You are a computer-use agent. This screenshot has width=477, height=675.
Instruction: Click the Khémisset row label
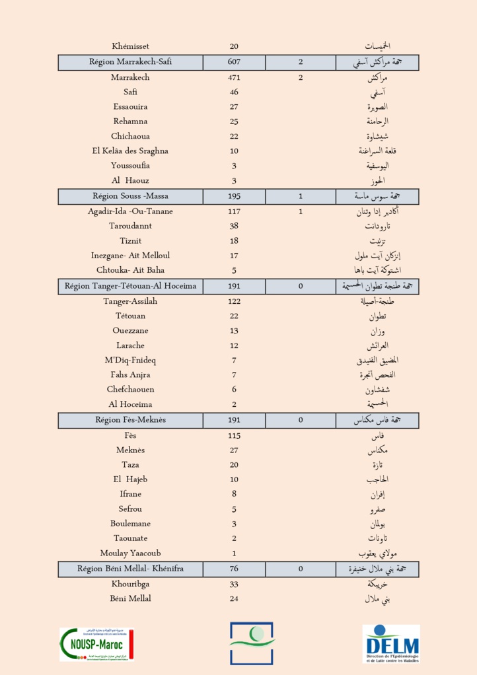coord(131,46)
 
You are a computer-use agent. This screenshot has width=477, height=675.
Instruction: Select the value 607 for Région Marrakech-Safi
coord(234,62)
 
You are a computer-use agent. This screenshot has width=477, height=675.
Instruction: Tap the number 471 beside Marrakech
coord(234,77)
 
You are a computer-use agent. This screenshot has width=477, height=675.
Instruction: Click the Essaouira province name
coord(131,106)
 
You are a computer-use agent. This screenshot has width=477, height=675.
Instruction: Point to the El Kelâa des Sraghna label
coord(131,151)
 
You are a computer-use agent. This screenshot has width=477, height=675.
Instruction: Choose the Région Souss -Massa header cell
coord(131,196)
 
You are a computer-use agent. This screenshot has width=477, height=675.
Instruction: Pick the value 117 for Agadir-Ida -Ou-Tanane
coord(234,211)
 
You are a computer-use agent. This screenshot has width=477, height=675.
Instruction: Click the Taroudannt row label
coord(131,226)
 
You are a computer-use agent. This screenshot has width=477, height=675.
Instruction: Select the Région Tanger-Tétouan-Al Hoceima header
coord(131,286)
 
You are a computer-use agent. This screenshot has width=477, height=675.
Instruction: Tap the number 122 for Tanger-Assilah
coord(234,301)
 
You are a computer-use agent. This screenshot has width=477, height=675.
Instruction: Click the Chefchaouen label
coord(131,390)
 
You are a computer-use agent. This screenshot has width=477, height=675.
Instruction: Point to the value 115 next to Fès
coord(234,435)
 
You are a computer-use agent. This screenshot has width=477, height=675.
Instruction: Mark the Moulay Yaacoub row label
coord(131,553)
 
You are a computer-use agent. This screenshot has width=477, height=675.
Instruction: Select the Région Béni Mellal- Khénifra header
coord(131,569)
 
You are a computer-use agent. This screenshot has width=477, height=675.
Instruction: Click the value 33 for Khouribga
coord(234,584)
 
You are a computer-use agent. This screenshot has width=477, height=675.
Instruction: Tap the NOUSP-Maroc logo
coord(96,644)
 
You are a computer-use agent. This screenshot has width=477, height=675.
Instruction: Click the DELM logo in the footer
coord(391,643)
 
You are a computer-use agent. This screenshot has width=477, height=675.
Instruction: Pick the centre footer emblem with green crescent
coord(252,643)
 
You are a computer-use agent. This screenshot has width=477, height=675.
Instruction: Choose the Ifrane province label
coord(131,494)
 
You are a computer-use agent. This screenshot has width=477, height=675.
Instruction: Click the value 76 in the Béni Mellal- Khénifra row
coord(234,569)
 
